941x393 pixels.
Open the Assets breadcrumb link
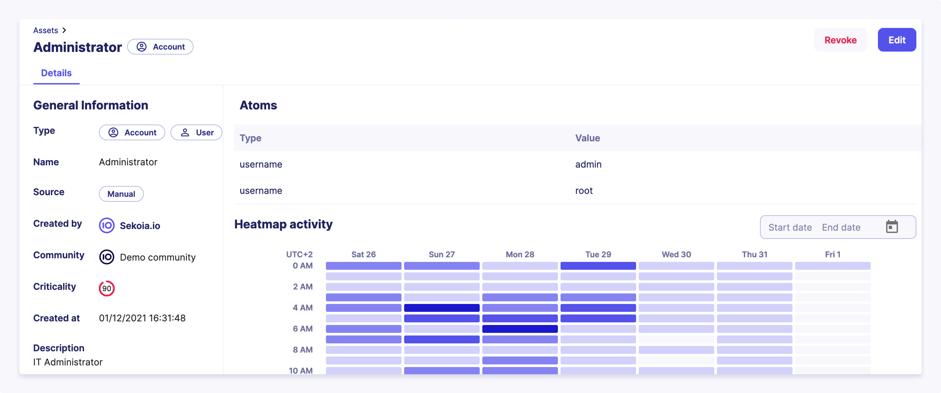click(x=46, y=30)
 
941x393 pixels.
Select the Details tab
click(x=56, y=73)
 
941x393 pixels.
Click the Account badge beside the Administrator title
click(x=160, y=47)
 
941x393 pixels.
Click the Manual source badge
click(x=121, y=194)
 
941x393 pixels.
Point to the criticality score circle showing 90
click(x=107, y=288)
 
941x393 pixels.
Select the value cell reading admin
click(x=588, y=164)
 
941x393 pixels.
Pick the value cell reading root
click(x=584, y=191)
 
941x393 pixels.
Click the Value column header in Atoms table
click(x=587, y=138)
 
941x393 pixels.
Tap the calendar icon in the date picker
click(x=892, y=227)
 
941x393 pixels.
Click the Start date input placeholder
click(x=790, y=227)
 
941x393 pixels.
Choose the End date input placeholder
click(x=841, y=227)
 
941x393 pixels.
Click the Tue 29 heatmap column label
click(x=598, y=254)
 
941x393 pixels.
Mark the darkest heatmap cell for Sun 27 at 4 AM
click(x=442, y=308)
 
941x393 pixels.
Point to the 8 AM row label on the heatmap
click(x=302, y=349)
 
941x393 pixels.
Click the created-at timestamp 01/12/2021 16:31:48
click(x=142, y=318)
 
